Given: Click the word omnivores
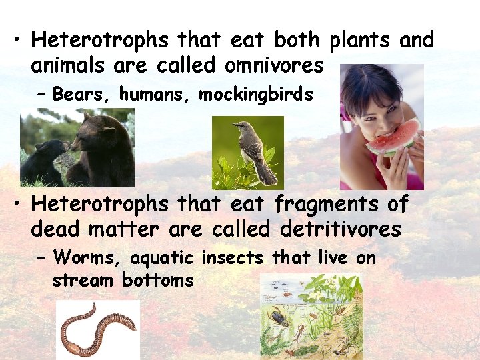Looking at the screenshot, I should tap(274, 66).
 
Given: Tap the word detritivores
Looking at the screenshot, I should tap(341, 230).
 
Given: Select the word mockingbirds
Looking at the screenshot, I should tap(256, 95).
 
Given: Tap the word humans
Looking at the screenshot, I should tap(156, 95).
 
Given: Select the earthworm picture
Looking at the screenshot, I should tap(97, 329).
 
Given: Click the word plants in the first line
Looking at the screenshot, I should tap(361, 41).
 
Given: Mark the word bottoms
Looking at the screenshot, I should tap(157, 280).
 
